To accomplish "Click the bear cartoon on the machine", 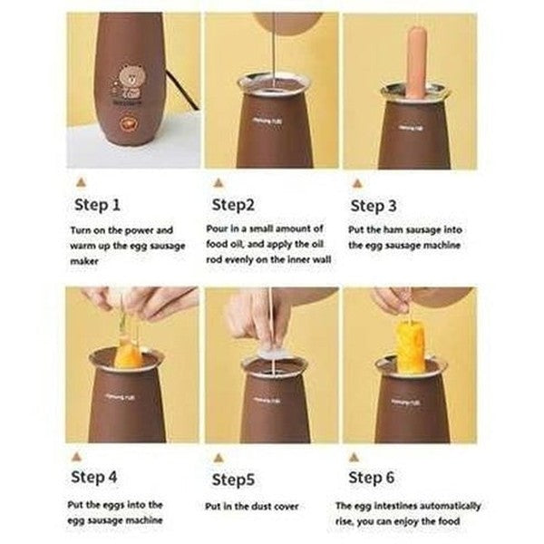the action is [129, 83].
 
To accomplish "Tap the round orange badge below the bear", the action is [127, 124].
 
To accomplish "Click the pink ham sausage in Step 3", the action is [415, 62].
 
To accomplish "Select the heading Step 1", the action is [97, 204].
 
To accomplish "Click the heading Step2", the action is [233, 205].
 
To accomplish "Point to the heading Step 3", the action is [374, 206].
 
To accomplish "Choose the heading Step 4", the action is [93, 477].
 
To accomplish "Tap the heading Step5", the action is [233, 480].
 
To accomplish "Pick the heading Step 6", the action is [371, 478].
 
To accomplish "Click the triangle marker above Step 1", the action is [81, 182].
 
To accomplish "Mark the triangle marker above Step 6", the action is [354, 457].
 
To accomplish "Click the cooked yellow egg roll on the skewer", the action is [410, 345].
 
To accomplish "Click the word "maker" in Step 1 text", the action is [84, 261].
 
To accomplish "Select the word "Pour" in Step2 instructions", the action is [216, 228].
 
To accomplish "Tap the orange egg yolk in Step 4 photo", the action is [127, 355].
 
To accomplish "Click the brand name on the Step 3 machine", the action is [411, 128].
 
